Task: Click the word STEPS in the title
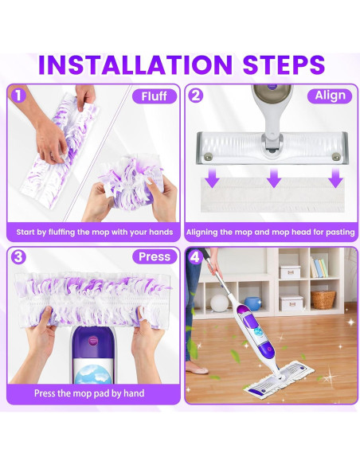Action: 272,64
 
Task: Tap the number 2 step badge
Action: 195,95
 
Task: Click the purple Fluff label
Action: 153,96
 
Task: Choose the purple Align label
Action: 330,96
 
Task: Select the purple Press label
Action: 154,256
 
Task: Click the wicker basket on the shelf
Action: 323,299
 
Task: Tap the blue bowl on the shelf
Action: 252,303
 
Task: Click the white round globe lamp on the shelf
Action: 218,303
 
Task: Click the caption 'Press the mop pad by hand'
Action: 89,393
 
